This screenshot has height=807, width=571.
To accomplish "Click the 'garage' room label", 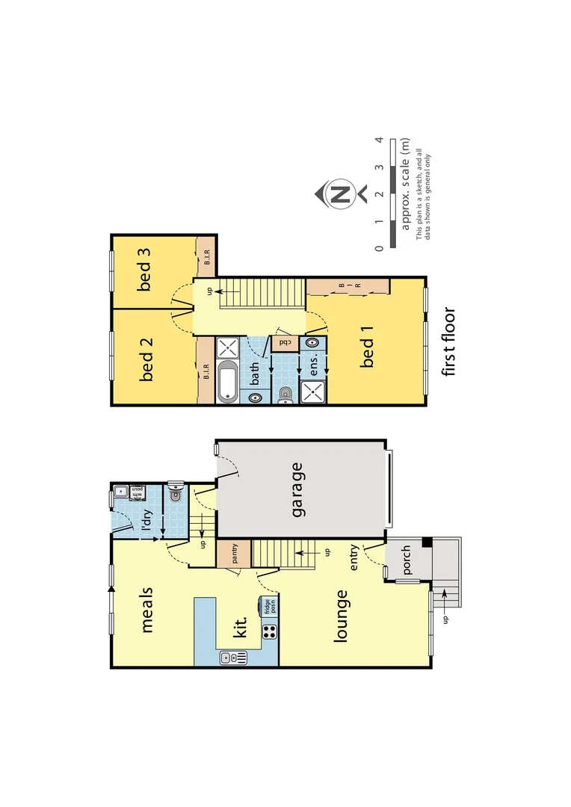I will pos(297,490).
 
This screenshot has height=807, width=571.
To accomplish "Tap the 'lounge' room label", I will pos(342,616).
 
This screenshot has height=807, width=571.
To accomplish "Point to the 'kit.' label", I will pos(241,626).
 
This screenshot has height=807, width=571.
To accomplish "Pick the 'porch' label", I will pos(406,560).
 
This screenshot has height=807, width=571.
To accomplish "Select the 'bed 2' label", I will pos(146,359).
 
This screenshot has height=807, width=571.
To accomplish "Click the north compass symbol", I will pos(341,195).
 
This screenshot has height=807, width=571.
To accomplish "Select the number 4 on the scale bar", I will pos(380,140).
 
